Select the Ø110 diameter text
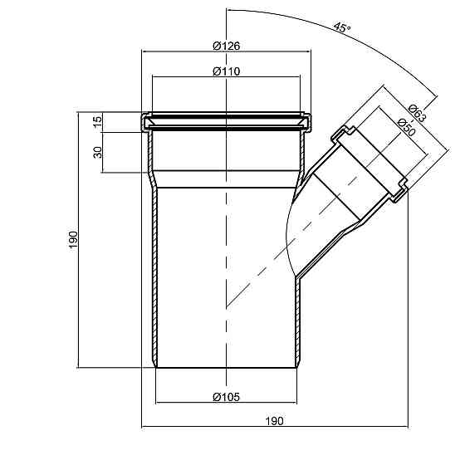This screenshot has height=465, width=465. click(x=225, y=72)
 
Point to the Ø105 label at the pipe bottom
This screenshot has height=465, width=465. click(x=225, y=398)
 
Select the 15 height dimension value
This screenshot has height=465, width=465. click(x=97, y=121)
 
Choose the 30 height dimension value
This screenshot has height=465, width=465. click(x=97, y=152)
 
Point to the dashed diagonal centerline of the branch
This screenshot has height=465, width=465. click(x=274, y=266)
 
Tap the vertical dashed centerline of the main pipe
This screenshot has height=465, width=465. click(x=225, y=249)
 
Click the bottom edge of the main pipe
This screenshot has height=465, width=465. click(x=225, y=368)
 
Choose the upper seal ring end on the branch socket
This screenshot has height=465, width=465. click(x=342, y=133)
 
